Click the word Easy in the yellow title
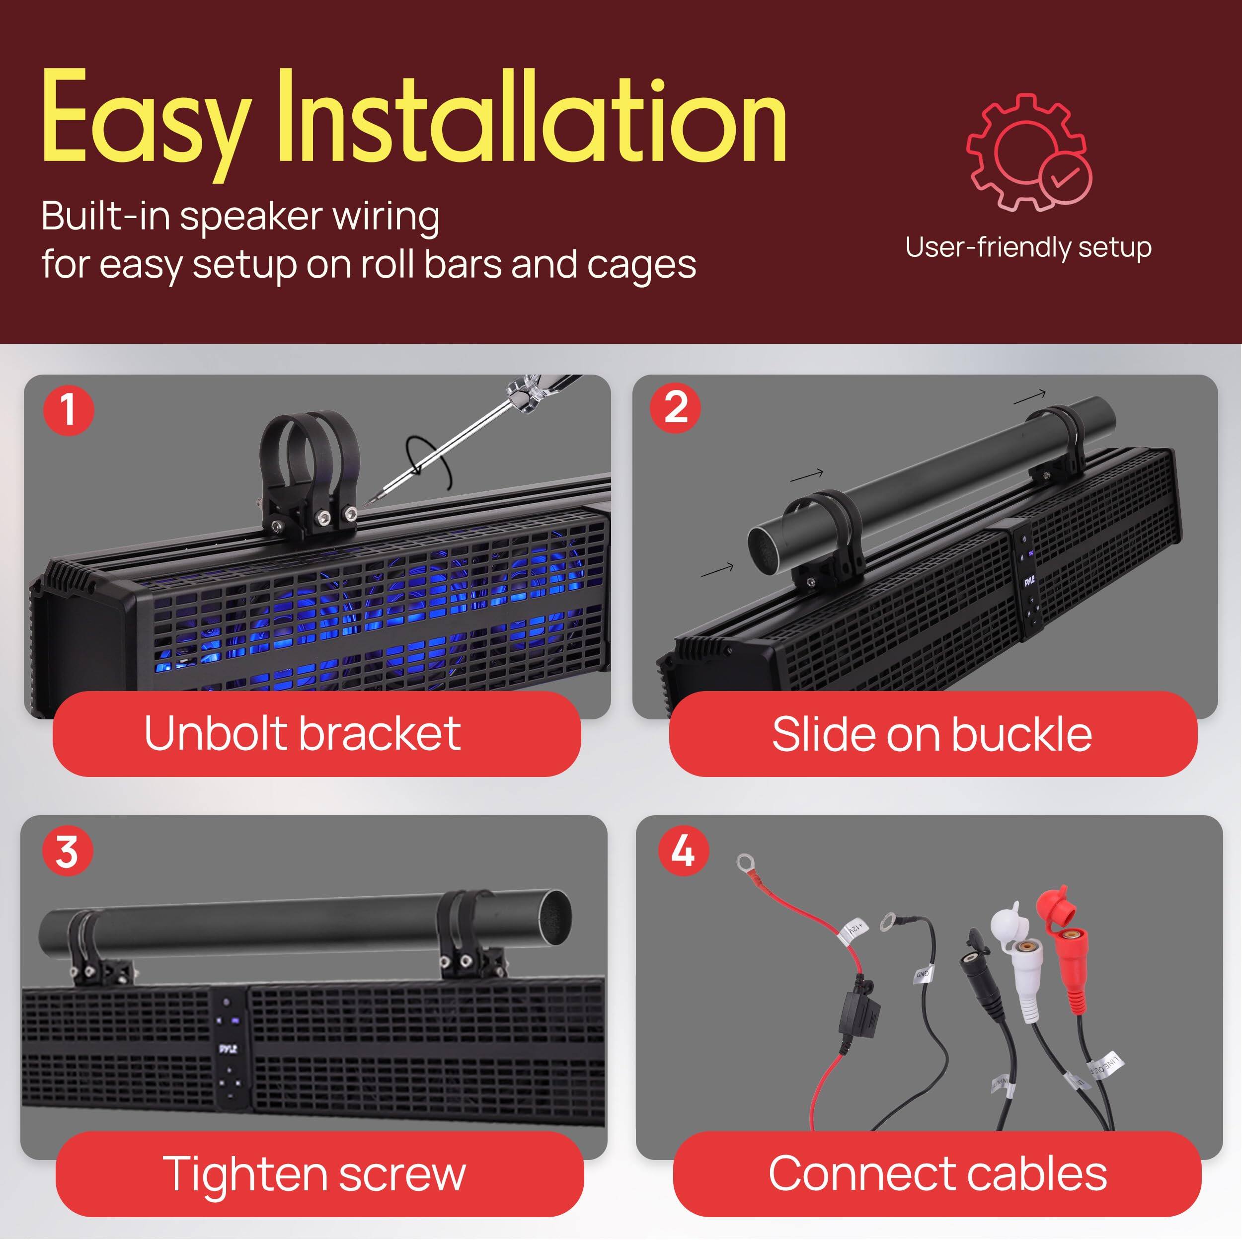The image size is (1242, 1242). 147,119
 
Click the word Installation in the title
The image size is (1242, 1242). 531,119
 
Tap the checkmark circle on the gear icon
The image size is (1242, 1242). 1065,176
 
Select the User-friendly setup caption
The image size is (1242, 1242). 1028,247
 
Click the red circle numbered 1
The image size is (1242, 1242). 68,409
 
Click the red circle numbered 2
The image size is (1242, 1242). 675,407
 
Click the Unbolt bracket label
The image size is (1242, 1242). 302,733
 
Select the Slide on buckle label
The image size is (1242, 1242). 932,733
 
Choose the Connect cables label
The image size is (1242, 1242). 938,1174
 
